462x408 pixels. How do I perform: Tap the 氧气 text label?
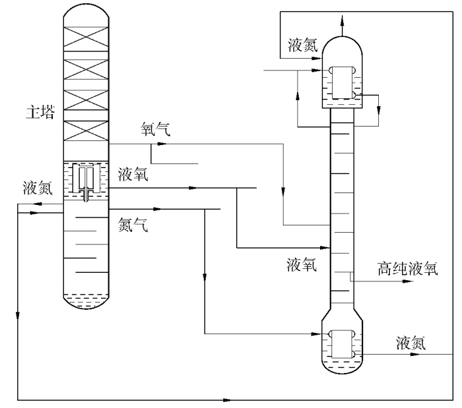pyautogui.click(x=156, y=129)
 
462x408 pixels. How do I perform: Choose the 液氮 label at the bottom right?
pyautogui.click(x=412, y=343)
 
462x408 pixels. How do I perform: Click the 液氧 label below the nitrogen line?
pyautogui.click(x=302, y=264)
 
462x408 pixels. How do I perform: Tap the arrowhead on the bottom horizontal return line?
pyautogui.click(x=228, y=399)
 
